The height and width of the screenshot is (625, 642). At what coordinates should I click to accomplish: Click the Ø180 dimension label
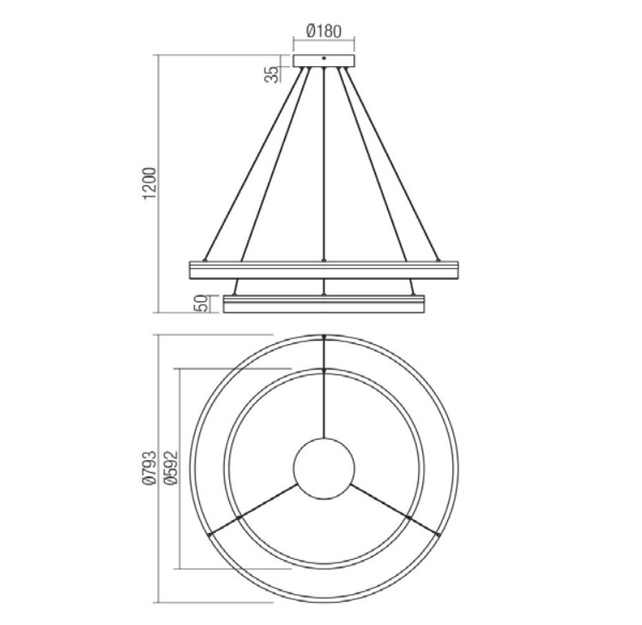[324, 31]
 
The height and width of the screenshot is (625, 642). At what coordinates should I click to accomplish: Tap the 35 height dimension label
[271, 74]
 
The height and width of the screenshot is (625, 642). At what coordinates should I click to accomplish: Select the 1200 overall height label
[150, 184]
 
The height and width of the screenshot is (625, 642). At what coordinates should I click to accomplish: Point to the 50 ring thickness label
[203, 304]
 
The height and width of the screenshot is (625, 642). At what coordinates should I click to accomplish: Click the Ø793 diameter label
[149, 468]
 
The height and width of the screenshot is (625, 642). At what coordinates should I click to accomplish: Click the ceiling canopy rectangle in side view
[324, 61]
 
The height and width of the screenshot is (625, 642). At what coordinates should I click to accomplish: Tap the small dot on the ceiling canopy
[324, 58]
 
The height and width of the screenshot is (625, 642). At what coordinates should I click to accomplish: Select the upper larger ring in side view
[324, 270]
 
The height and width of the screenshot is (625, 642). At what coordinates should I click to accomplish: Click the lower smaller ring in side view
[324, 304]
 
